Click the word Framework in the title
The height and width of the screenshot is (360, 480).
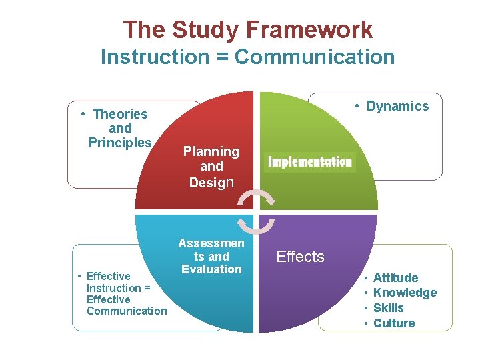(309, 30)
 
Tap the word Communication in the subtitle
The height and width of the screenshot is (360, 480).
(315, 57)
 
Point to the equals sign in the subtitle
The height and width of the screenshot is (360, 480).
(225, 57)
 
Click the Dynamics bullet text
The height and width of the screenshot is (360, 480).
(397, 106)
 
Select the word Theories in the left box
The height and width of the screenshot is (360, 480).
(120, 114)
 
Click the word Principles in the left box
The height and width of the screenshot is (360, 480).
(120, 143)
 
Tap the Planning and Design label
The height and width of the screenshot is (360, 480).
(211, 167)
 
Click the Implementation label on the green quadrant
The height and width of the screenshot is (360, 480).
(310, 162)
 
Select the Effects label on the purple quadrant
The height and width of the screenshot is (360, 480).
(300, 257)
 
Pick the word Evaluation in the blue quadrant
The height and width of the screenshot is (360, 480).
(211, 269)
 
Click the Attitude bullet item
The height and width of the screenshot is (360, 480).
(395, 278)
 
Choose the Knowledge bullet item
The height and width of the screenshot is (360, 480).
(405, 293)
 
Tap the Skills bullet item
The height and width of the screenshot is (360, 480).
(388, 308)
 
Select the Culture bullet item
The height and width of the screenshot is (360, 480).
(393, 323)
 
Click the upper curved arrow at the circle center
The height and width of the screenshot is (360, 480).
(257, 197)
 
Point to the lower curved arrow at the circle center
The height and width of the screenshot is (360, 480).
(256, 225)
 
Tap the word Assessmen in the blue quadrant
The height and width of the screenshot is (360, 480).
(211, 244)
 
